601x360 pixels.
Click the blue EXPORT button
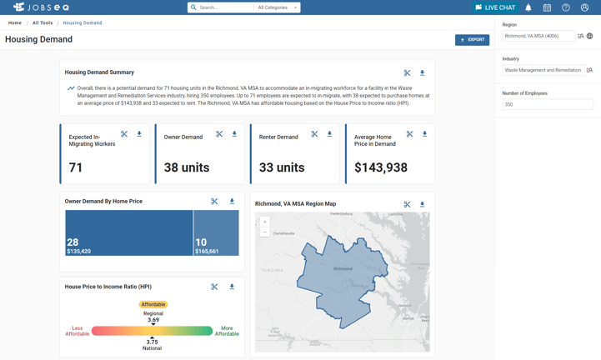click(472, 39)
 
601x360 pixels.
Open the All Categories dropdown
click(277, 7)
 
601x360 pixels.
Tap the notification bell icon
click(528, 7)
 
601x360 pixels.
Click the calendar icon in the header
click(547, 7)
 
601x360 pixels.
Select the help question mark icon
click(566, 7)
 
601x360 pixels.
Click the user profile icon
click(584, 7)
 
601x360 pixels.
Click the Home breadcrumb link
click(15, 23)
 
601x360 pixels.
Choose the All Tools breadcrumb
click(43, 23)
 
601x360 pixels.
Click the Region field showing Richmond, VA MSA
click(538, 36)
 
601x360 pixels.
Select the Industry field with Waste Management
click(542, 70)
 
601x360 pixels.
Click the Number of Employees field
click(547, 105)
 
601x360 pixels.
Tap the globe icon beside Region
click(590, 36)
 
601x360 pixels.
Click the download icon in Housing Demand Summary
click(423, 73)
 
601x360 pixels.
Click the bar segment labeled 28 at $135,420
click(129, 232)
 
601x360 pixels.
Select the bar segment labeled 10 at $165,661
click(216, 232)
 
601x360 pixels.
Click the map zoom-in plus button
click(265, 222)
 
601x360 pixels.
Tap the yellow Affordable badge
click(153, 304)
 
